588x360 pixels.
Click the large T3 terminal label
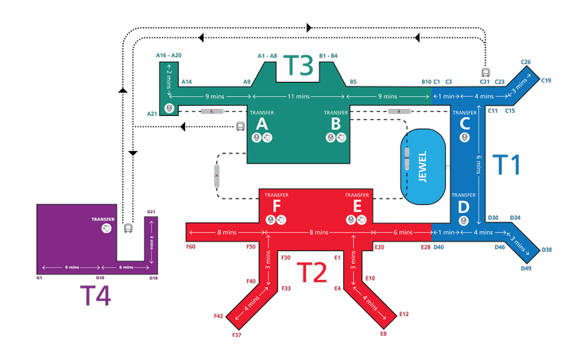coord(298,65)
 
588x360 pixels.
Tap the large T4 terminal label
coord(95,296)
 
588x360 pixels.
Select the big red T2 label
coord(312,273)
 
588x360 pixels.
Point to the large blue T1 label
coord(507,165)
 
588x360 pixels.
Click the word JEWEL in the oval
coord(423,167)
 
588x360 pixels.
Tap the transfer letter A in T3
coord(261,124)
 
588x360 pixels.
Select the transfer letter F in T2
coord(277,206)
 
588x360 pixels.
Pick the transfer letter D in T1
coord(464,207)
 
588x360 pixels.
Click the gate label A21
coord(152,114)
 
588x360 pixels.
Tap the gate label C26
coord(526,62)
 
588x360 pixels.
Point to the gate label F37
coord(237,335)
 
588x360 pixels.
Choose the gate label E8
coord(383,333)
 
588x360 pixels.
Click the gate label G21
coord(151,212)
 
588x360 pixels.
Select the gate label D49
coord(526,268)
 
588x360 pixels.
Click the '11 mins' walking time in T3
coord(299,96)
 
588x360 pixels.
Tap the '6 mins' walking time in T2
coord(403,233)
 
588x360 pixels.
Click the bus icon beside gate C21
coord(485,72)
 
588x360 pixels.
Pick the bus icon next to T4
coord(128,227)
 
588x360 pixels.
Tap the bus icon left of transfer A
coord(241,126)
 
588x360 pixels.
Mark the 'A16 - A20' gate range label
coord(168,55)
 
